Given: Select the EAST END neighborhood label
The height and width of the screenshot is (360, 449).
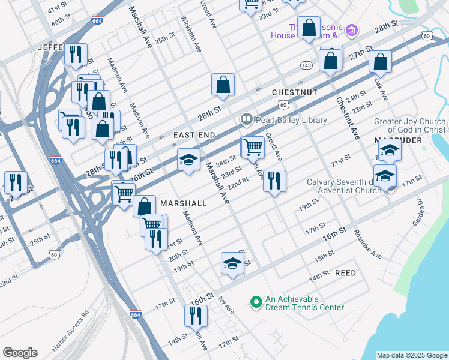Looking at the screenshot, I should [194, 136].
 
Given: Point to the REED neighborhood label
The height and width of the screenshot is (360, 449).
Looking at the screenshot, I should [345, 273].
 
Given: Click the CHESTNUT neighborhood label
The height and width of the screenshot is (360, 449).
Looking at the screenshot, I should [294, 92].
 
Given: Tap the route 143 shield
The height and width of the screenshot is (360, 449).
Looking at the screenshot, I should [306, 65].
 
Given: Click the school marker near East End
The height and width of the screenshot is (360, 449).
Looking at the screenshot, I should [188, 160].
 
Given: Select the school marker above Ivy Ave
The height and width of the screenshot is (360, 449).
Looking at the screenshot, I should [233, 263].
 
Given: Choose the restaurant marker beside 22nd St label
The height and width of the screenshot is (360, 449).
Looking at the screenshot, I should [274, 181].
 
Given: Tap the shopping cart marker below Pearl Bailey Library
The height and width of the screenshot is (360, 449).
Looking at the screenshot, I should [253, 147].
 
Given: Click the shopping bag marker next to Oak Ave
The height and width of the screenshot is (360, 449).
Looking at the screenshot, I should [381, 61].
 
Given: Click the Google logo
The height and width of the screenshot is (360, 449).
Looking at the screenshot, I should [20, 353].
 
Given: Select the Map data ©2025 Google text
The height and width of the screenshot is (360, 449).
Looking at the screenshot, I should [411, 355].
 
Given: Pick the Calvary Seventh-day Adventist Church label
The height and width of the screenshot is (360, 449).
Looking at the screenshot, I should [344, 186].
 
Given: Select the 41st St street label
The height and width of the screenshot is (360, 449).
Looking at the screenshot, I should [58, 9].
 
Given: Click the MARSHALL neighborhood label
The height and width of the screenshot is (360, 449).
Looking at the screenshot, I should [183, 203].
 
